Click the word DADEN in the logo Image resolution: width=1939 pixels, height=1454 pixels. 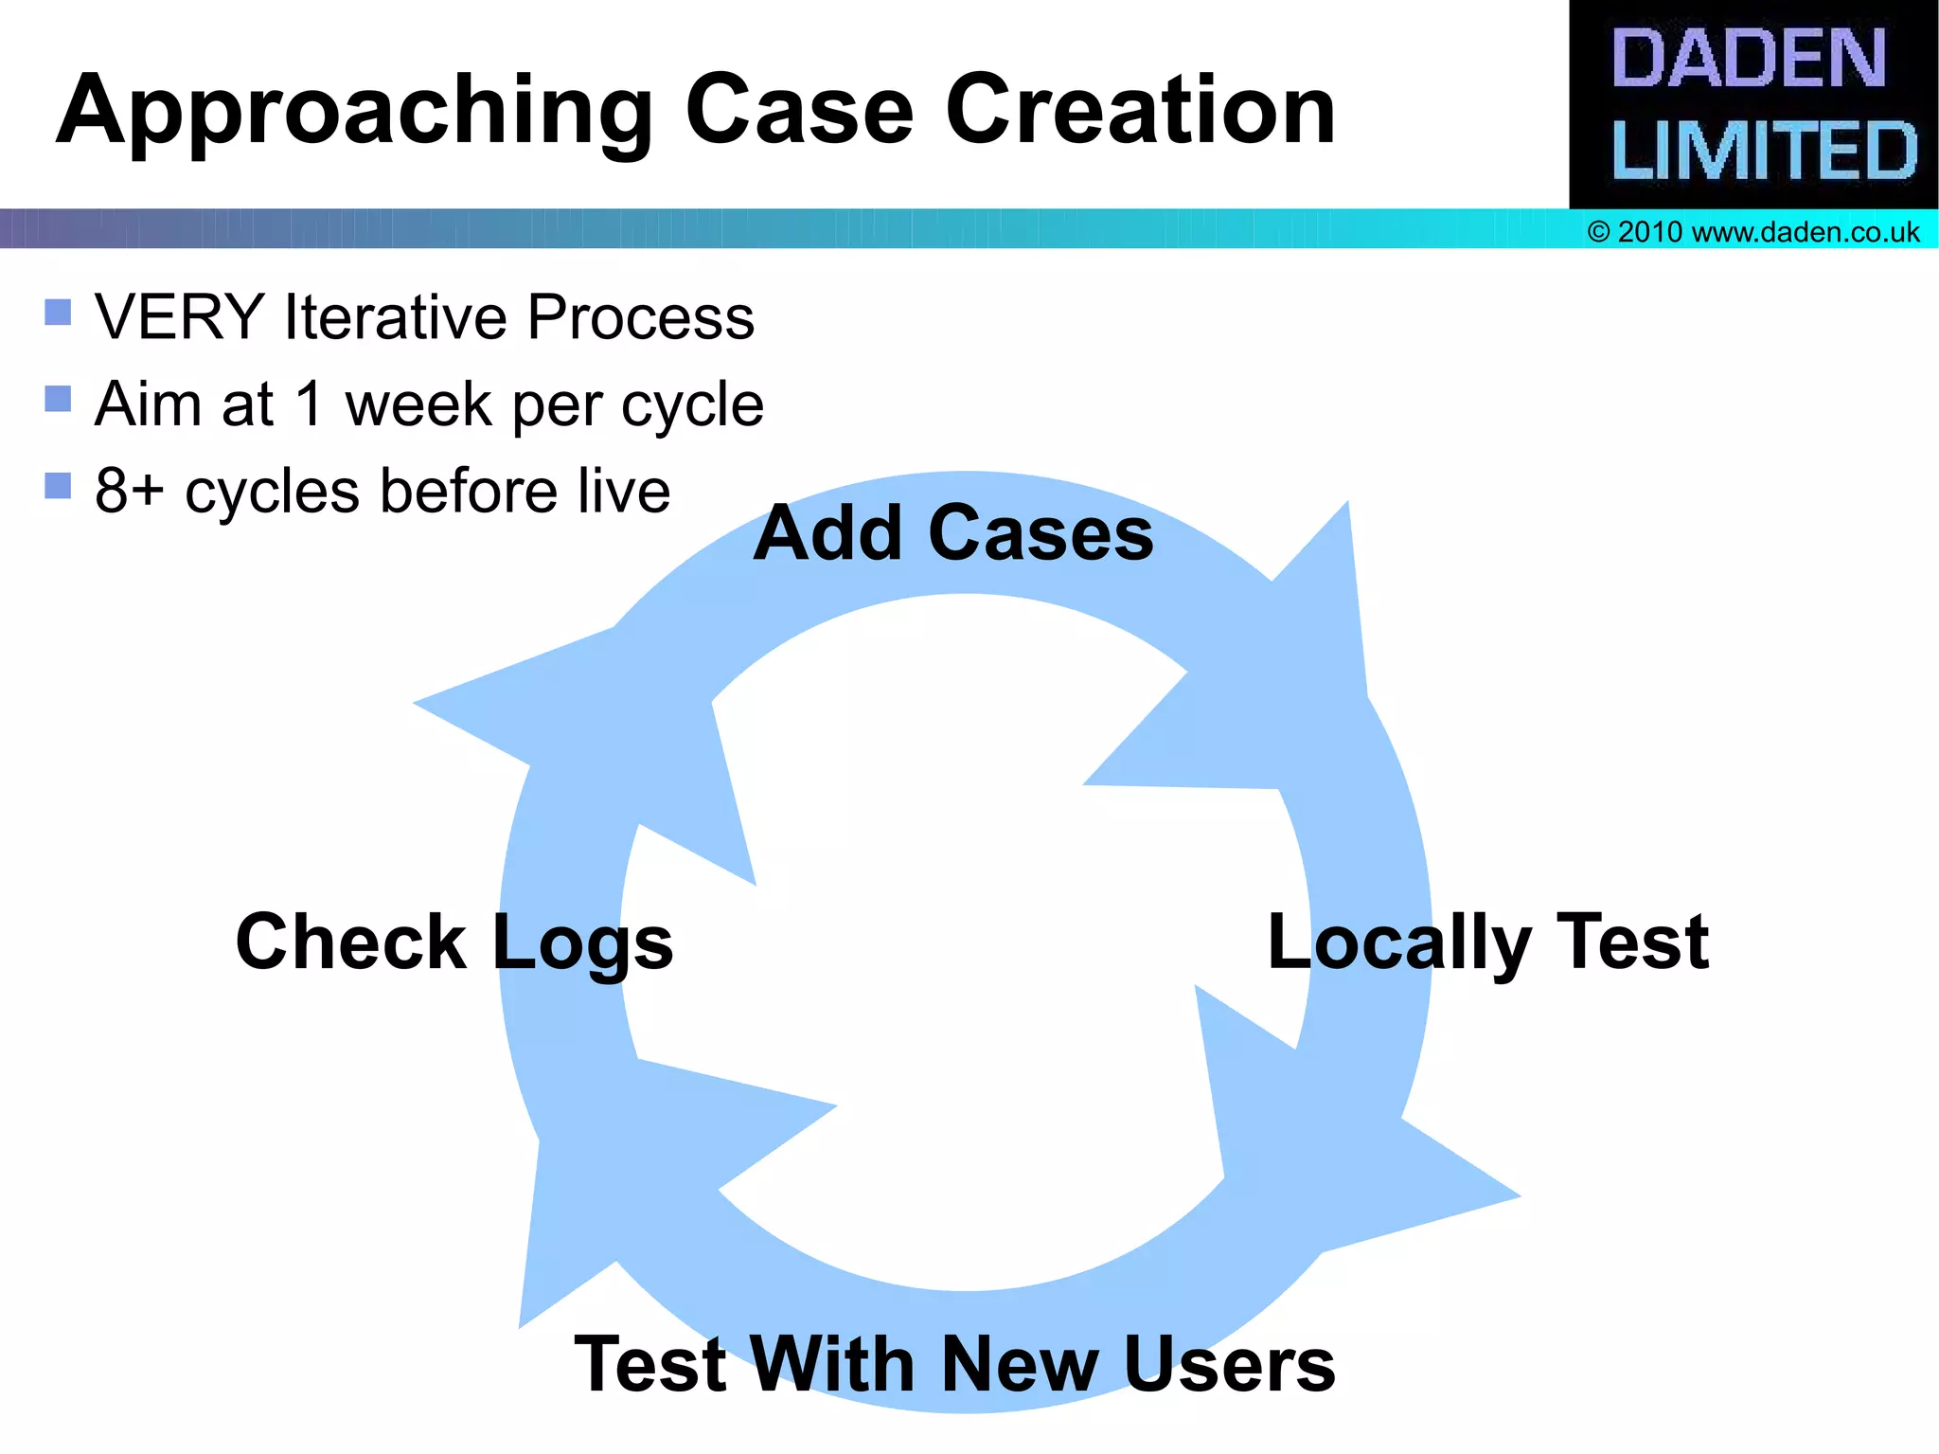pos(1748,59)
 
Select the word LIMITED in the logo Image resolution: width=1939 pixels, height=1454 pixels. pos(1763,150)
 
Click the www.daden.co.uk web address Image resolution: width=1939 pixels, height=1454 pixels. pos(1805,232)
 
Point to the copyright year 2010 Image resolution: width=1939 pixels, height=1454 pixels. pos(1649,232)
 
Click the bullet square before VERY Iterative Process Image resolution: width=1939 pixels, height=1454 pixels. pos(58,312)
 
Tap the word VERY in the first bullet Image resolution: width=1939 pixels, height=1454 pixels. pos(179,316)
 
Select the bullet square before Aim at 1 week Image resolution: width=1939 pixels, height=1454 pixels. pos(58,399)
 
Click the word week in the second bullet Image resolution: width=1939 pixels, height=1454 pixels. pos(419,405)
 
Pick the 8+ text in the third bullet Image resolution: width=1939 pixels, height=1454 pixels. pos(129,492)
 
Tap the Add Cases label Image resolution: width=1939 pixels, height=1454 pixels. pos(953,533)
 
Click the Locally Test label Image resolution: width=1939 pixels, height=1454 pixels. pos(1487,942)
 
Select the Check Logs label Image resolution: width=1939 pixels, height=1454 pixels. pos(454,942)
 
